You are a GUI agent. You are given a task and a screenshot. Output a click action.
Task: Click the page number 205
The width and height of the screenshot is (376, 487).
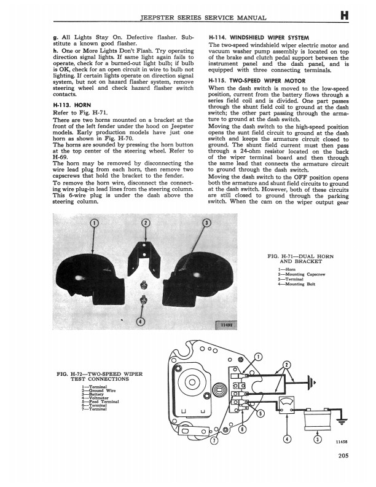coord(343,456)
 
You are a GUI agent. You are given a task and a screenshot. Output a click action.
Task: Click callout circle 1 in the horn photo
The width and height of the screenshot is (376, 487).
coord(93,222)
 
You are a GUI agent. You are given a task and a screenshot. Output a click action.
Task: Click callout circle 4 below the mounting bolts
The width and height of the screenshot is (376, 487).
coord(141,322)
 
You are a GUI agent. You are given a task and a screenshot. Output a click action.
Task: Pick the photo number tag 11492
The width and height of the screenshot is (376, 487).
coord(222,325)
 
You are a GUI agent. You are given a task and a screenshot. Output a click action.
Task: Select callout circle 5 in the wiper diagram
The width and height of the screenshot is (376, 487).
coord(261,413)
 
